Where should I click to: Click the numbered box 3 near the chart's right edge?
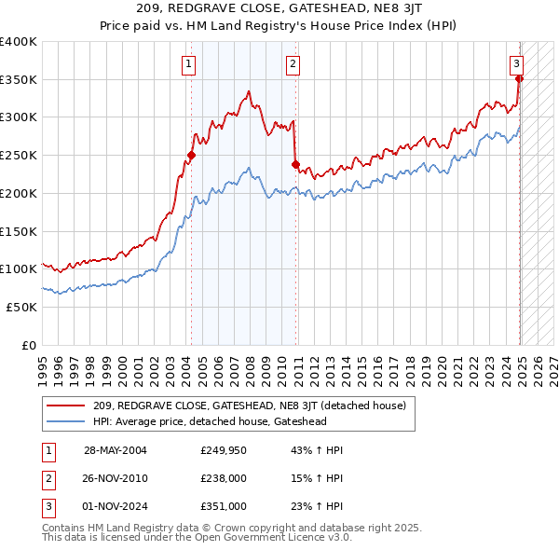click(x=516, y=63)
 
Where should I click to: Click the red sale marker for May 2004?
click(x=191, y=156)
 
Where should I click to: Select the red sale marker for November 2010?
click(x=295, y=165)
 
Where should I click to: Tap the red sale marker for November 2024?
click(x=520, y=79)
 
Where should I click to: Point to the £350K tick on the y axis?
click(x=19, y=80)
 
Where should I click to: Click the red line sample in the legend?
click(x=66, y=406)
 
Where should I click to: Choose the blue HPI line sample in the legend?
click(x=66, y=420)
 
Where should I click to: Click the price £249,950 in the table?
click(x=223, y=450)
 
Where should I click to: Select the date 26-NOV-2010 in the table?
click(x=116, y=478)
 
